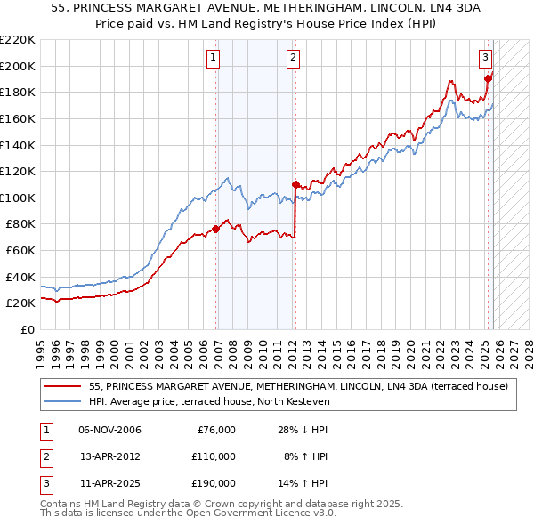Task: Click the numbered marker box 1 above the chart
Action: click(214, 59)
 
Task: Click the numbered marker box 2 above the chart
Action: click(293, 59)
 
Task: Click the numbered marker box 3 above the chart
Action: click(485, 59)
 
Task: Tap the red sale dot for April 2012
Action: click(295, 185)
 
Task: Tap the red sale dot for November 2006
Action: click(215, 230)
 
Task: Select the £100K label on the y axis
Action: click(18, 198)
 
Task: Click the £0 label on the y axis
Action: click(27, 329)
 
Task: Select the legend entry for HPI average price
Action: click(209, 401)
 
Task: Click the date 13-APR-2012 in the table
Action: click(109, 456)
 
